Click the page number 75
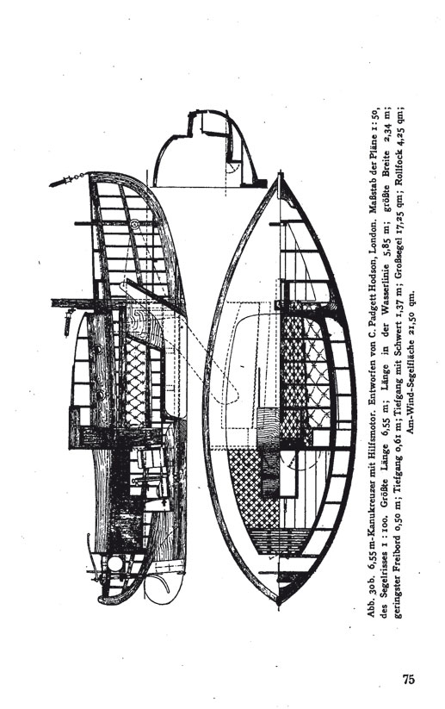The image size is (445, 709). coord(408,679)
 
